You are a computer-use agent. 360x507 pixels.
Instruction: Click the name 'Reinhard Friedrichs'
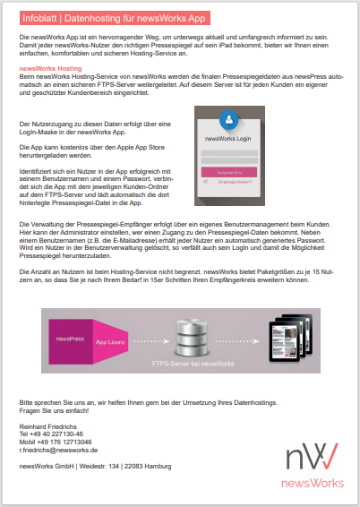pos(50,425)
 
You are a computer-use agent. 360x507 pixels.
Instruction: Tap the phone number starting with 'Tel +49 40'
pos(51,434)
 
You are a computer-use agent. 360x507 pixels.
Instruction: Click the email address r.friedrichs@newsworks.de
pos(58,450)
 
